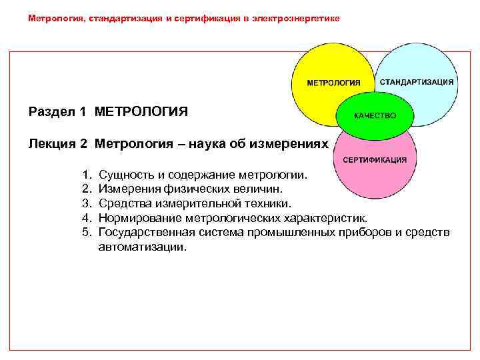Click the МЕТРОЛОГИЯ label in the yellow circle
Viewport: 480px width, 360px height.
333,83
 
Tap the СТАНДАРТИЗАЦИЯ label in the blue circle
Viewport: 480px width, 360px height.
417,81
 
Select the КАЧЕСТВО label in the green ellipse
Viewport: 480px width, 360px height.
375,115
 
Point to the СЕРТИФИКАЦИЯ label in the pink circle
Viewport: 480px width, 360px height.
375,160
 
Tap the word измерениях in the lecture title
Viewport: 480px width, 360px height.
292,143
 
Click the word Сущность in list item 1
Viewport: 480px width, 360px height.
125,175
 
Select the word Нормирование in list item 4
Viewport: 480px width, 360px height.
139,217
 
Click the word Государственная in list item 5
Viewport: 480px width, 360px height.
146,231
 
